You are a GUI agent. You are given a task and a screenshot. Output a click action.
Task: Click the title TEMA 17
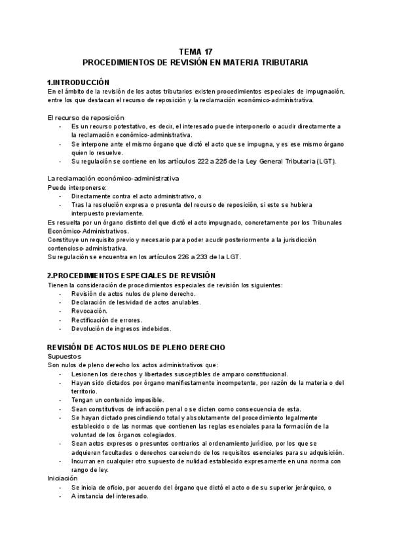[196, 51]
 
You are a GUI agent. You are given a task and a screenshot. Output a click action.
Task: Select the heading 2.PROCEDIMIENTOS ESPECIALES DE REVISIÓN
[132, 276]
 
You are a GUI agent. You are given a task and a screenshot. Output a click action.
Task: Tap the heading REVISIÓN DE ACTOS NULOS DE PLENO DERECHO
[136, 347]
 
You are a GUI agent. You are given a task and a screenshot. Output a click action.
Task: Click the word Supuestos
[64, 356]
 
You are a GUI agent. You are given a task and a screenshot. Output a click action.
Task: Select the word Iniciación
[63, 478]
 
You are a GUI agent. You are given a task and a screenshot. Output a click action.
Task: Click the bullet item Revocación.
[89, 311]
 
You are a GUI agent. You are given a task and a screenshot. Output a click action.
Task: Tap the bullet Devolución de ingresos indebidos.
[121, 329]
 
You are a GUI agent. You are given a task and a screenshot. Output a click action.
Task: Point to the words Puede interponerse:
[72, 187]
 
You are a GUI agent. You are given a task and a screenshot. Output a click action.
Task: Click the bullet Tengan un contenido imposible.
[118, 399]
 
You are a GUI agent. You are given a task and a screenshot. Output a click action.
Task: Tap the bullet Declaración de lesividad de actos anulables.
[136, 302]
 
